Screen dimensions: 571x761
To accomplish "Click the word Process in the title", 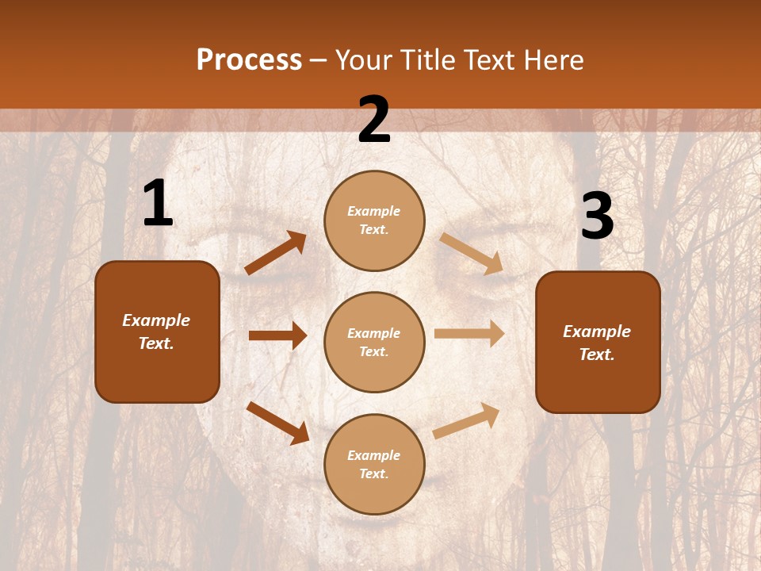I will (249, 59).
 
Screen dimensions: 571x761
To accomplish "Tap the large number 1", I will (157, 204).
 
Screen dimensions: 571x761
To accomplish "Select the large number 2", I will (374, 120).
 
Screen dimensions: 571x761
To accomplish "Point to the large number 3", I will (597, 217).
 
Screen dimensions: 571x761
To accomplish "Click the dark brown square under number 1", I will (157, 331).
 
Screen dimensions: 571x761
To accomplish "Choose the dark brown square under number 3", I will (598, 342).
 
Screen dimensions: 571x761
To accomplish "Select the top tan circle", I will (374, 220).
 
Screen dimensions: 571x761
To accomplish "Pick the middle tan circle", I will (374, 342).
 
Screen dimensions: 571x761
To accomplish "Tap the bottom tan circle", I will (374, 464).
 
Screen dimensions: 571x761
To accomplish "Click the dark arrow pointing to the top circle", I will (276, 253).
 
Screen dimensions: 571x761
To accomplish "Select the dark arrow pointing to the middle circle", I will (277, 335).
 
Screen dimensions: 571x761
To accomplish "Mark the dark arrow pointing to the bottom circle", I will (277, 422).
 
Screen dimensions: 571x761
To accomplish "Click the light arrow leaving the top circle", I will (471, 253).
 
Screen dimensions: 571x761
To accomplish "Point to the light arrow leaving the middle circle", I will (469, 334).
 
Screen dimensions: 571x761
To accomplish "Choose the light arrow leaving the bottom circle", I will (466, 420).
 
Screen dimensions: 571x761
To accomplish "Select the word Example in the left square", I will (156, 320).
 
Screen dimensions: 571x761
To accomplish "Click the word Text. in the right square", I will (597, 354).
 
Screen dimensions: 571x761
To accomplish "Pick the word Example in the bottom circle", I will (373, 455).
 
